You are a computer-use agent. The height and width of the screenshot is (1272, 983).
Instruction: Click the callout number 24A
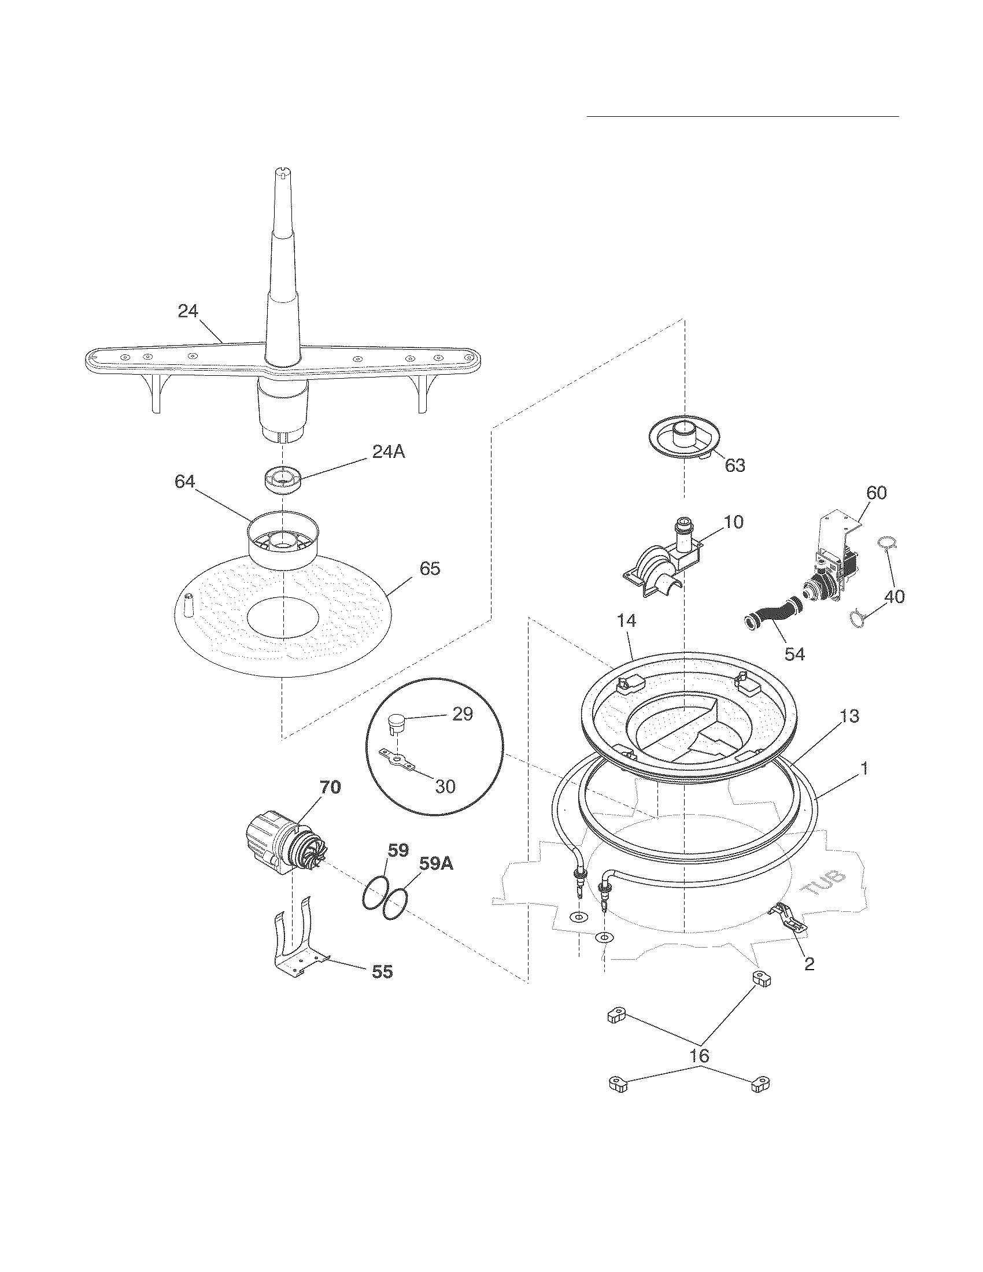click(x=389, y=452)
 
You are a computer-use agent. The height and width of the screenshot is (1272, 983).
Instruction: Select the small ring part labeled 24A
click(x=282, y=480)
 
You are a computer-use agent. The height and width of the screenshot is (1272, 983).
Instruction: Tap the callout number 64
click(x=185, y=482)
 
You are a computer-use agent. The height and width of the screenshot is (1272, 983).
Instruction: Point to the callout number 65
click(x=430, y=569)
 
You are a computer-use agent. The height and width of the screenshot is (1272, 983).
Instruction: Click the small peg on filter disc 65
click(x=188, y=606)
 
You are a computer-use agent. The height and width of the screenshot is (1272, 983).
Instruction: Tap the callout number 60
click(x=877, y=493)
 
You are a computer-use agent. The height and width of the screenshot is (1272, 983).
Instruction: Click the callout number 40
click(x=895, y=597)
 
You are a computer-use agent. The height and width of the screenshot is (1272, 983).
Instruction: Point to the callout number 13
click(x=850, y=716)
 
